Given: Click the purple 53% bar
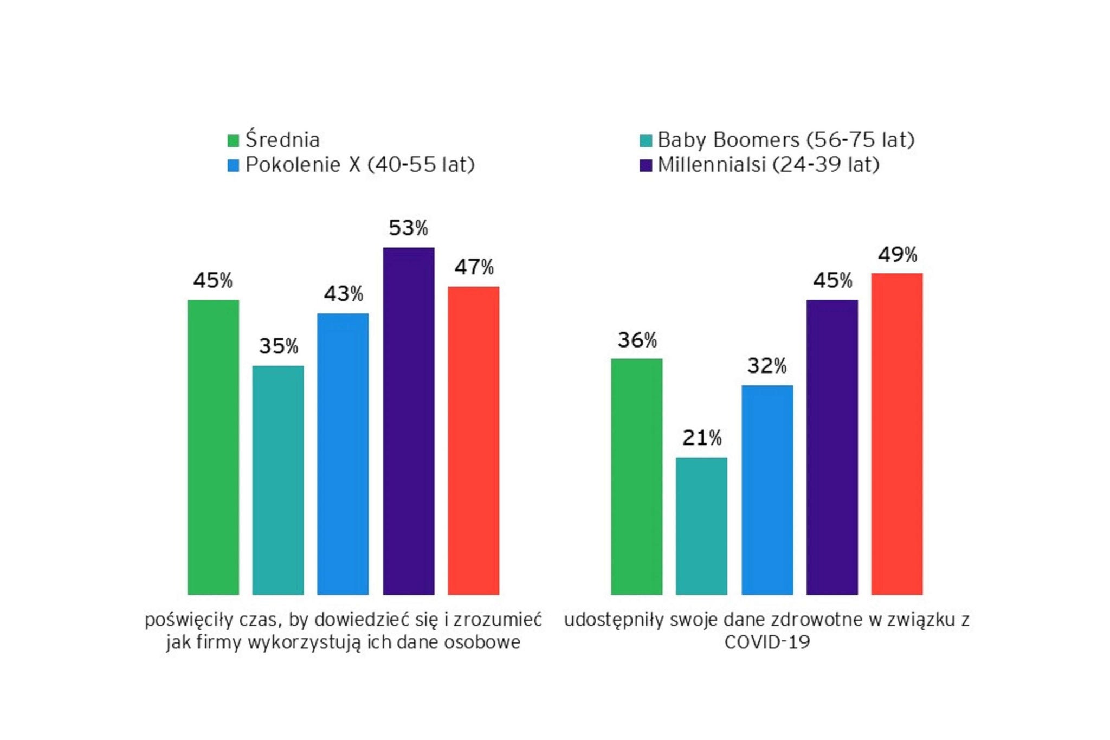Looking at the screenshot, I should click(408, 421).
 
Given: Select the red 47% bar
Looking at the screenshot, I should click(473, 440).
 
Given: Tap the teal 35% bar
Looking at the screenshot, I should click(278, 480).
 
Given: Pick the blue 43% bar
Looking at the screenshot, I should click(343, 454).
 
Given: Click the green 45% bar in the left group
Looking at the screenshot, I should click(213, 447).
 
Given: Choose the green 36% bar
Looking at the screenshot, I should click(636, 477).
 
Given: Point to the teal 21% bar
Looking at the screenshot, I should click(701, 526).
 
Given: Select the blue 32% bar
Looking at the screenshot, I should click(767, 490).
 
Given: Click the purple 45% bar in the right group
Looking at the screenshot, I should click(832, 447).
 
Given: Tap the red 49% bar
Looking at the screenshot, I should click(897, 434).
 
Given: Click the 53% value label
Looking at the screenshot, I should click(408, 228).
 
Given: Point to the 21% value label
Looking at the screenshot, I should click(702, 437).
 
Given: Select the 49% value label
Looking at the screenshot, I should click(898, 254).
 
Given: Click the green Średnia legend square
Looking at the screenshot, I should click(233, 141).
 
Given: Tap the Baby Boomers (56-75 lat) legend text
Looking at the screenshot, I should click(786, 140).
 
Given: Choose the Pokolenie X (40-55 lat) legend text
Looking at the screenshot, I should click(360, 164).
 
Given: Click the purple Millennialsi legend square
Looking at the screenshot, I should click(646, 165).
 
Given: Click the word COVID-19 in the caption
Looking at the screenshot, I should click(767, 642).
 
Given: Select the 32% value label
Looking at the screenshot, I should click(767, 366).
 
